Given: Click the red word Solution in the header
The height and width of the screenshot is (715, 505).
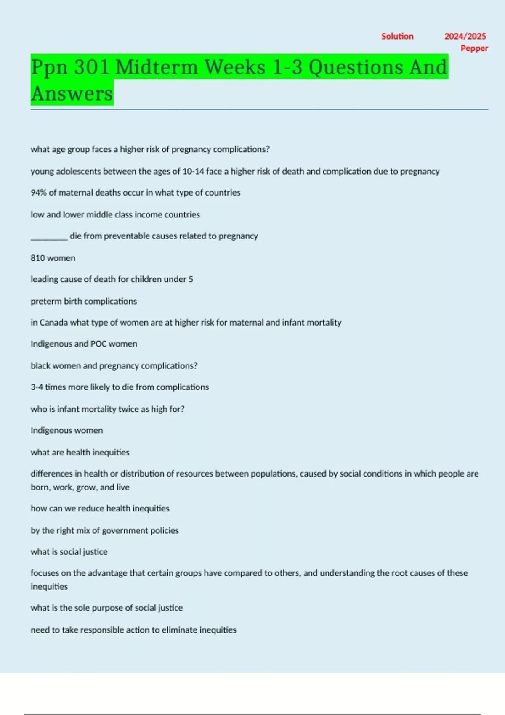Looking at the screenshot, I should (397, 36).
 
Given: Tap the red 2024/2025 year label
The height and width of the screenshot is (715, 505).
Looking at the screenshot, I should (465, 36).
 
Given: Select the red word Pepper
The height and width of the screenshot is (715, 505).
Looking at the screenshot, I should (474, 48).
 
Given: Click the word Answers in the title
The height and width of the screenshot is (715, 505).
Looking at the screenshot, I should (72, 93).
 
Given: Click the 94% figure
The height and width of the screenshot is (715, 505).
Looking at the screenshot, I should (38, 193).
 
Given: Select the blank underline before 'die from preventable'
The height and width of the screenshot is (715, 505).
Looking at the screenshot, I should (49, 237).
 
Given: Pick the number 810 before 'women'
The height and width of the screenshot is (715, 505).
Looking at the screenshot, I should (37, 258).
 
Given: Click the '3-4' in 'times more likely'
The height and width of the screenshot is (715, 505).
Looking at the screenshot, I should (37, 387).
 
